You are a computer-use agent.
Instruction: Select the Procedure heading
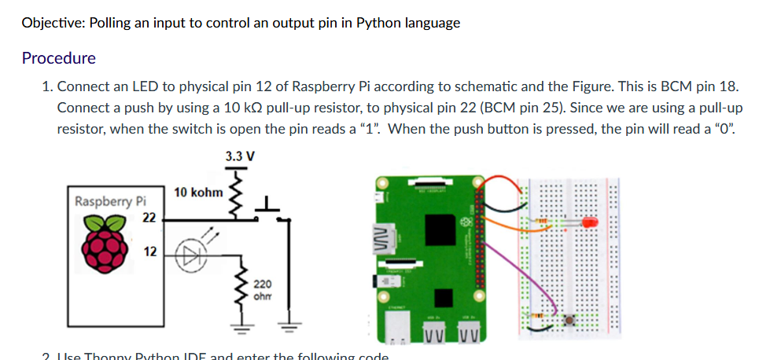click(59, 58)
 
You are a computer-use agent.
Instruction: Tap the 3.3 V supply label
click(240, 156)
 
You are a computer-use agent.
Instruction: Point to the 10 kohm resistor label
click(198, 192)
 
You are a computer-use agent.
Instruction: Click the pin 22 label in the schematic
click(149, 217)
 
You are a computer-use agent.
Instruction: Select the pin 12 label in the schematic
click(149, 252)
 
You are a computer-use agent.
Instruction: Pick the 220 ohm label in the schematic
click(261, 290)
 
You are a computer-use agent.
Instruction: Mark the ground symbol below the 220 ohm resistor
click(234, 327)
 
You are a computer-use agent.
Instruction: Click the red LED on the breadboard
click(589, 223)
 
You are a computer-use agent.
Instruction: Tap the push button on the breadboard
click(572, 320)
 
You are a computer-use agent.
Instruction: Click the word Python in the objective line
click(378, 23)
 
